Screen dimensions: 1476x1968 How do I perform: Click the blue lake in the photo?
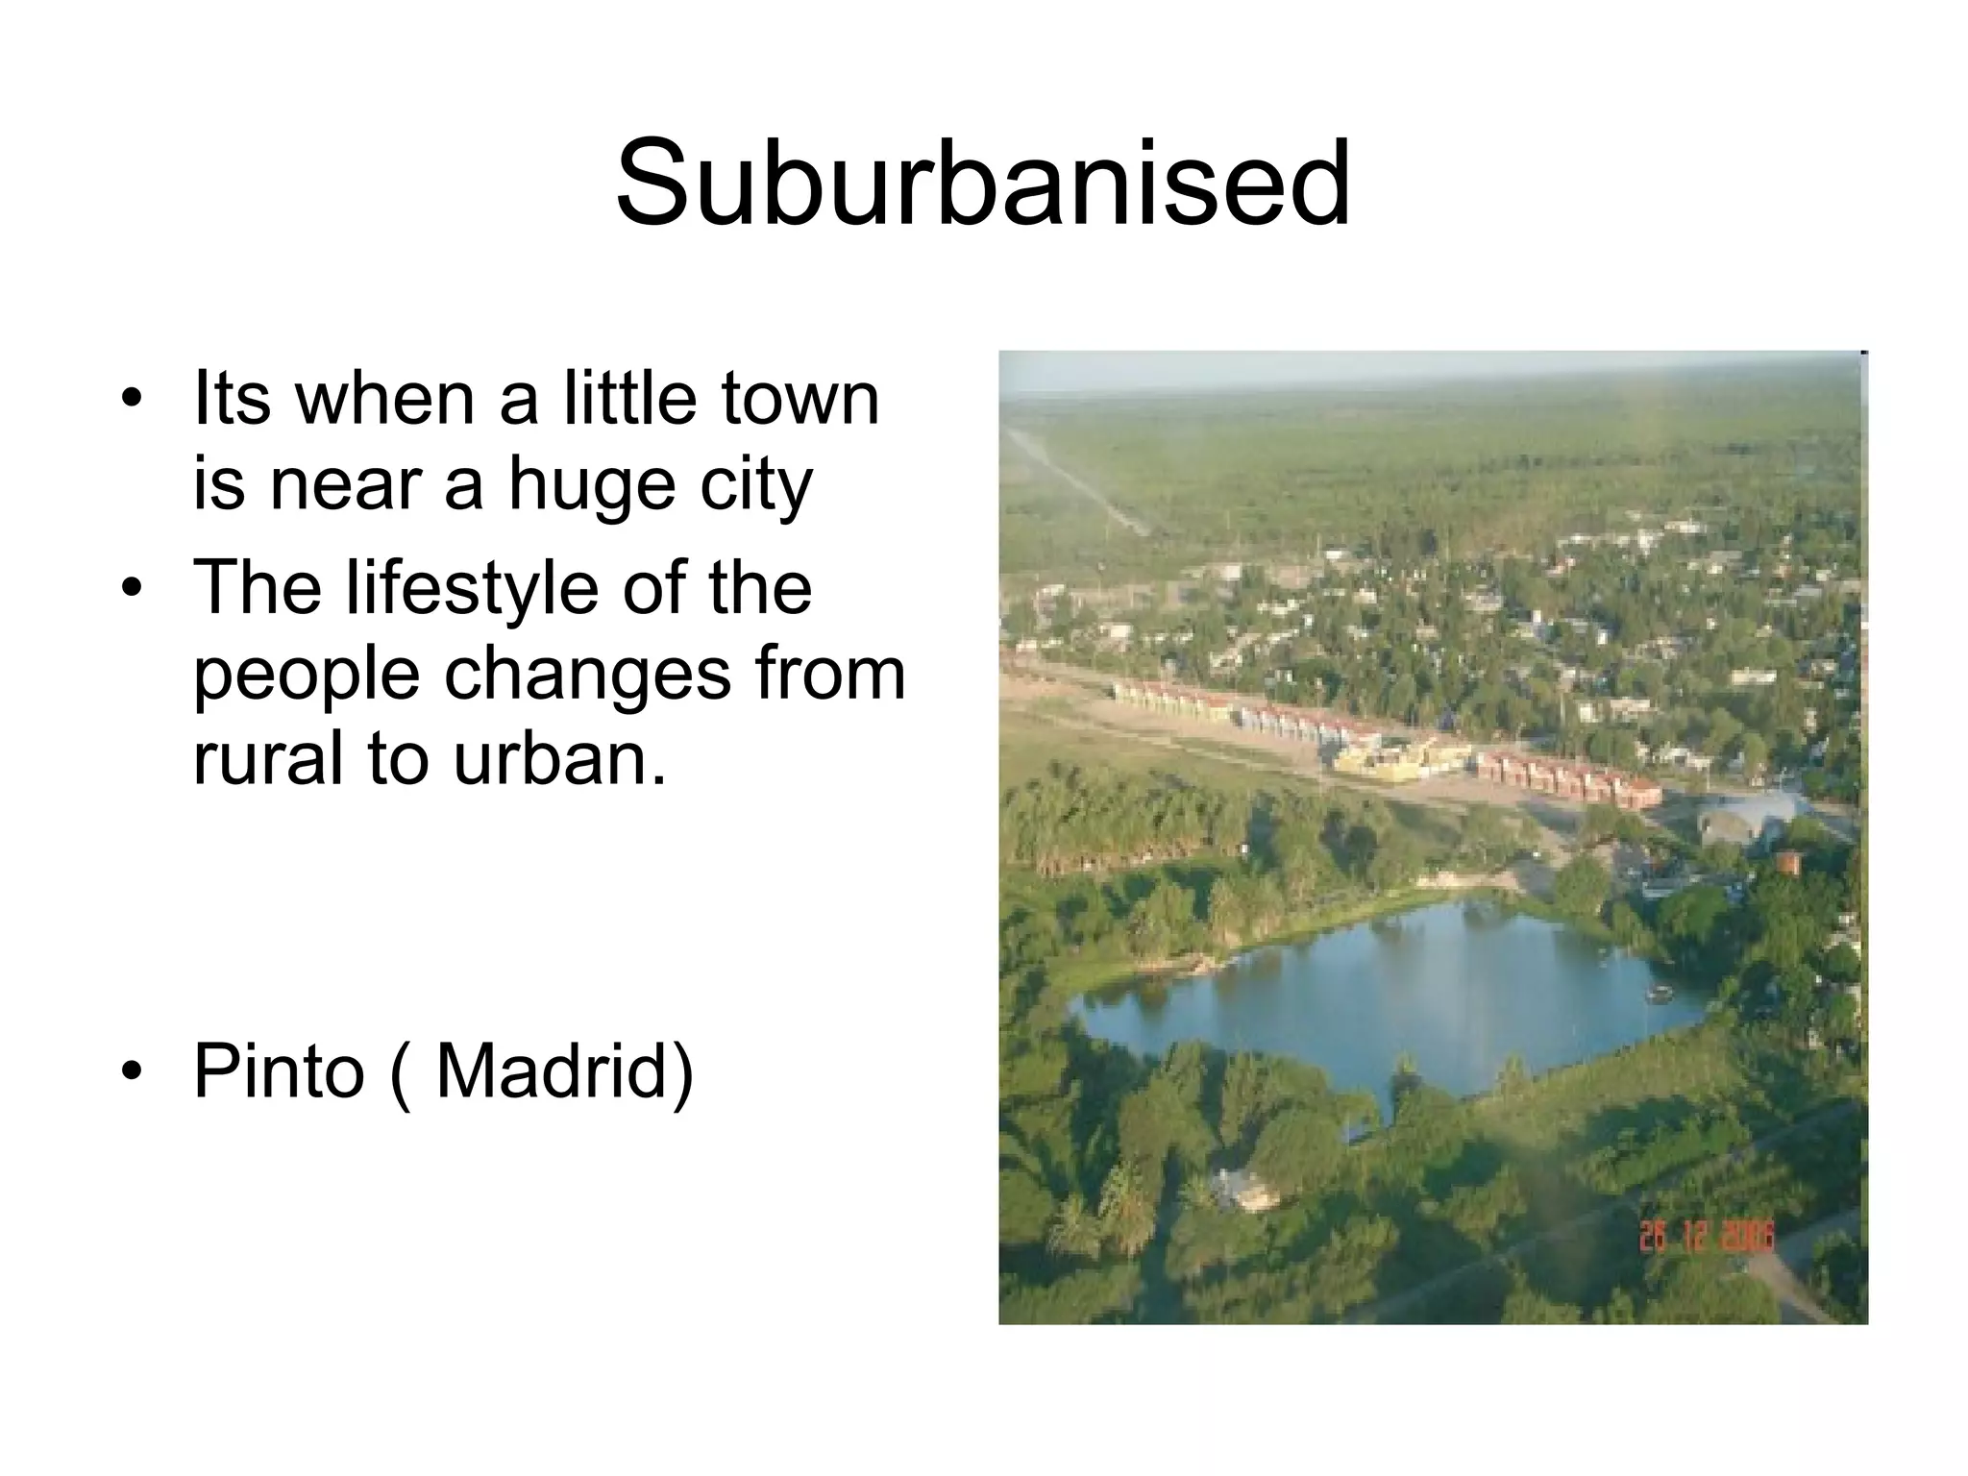(x=1393, y=999)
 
